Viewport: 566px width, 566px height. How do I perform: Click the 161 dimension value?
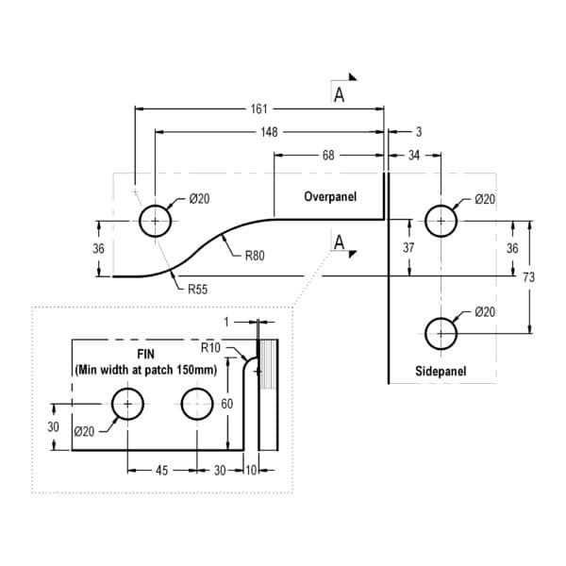point(259,109)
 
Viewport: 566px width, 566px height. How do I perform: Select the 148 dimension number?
point(269,132)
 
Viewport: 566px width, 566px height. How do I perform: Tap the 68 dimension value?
point(328,156)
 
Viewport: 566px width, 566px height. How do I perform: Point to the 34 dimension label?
point(414,156)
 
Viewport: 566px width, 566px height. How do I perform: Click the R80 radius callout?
point(255,256)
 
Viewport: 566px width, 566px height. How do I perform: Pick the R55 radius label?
point(197,290)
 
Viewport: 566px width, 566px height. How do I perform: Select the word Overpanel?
point(330,197)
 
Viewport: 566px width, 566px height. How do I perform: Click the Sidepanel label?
point(441,371)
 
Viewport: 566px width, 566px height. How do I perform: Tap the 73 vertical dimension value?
point(529,277)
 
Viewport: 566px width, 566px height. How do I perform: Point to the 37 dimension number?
point(408,247)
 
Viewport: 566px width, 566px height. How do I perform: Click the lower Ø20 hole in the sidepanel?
point(441,334)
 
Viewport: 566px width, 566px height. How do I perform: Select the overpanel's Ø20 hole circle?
point(155,221)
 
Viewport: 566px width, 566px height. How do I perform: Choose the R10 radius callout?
point(210,347)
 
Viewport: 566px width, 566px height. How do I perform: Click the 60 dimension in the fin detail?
point(226,404)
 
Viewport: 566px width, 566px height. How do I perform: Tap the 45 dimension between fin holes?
point(161,471)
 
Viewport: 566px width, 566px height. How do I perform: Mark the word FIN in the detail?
point(146,354)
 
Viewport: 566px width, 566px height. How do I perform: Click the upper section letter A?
point(339,94)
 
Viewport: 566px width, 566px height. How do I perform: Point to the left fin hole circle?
point(127,404)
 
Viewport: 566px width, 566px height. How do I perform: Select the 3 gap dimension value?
point(419,132)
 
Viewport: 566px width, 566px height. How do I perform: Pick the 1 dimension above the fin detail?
point(226,322)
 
